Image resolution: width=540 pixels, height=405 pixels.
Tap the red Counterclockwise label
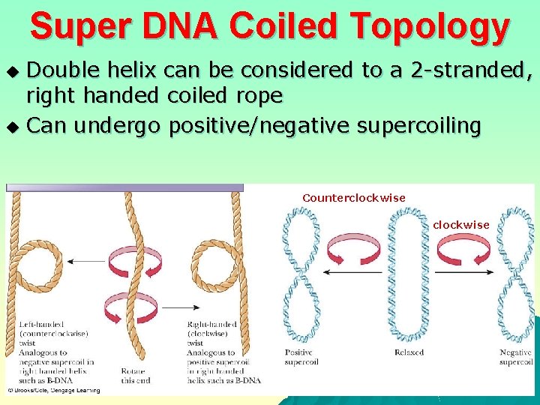click(x=354, y=198)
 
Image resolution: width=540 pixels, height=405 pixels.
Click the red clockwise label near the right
click(x=461, y=224)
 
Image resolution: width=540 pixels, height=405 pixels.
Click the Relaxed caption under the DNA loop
click(x=409, y=352)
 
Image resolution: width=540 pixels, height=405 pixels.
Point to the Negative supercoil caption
click(x=516, y=357)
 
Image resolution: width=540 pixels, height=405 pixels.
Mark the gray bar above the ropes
click(x=124, y=187)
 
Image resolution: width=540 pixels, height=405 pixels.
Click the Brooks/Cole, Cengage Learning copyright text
click(x=54, y=390)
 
